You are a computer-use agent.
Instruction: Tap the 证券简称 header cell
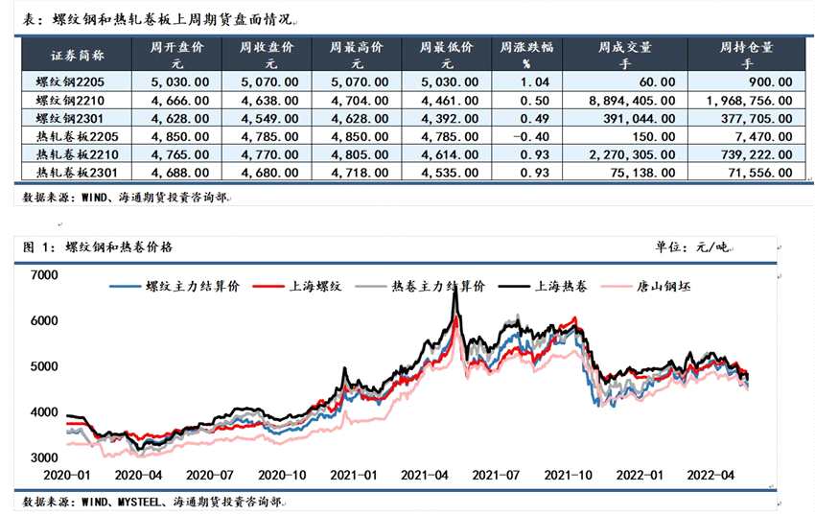(x=70, y=54)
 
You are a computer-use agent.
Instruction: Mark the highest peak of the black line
(x=454, y=293)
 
